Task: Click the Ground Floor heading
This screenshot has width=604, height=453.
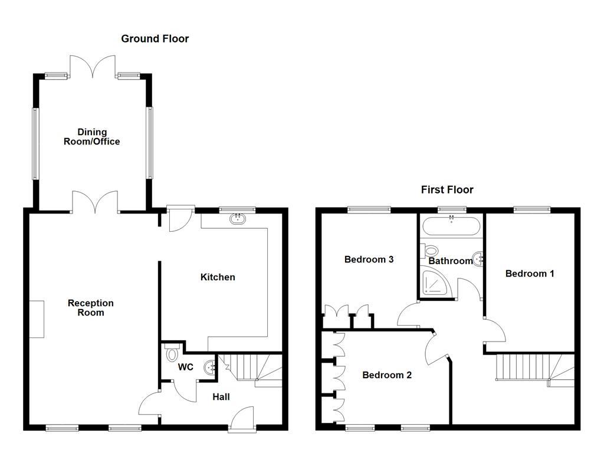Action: coord(155,39)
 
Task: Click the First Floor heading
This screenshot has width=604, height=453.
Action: coord(447,190)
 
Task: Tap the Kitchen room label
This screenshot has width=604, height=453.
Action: coord(218,277)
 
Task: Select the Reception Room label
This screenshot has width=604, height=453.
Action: coord(90,308)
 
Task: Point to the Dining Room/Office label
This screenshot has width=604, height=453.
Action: coord(91,137)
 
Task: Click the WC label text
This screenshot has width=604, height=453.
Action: coord(186,367)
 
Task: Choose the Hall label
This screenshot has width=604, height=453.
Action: coord(221,398)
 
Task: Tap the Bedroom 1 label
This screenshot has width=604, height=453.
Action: coord(530,274)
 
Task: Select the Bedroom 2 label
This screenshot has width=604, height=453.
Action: coord(387,375)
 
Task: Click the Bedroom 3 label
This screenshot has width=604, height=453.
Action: coord(369,260)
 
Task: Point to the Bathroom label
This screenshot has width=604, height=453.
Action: coord(450,261)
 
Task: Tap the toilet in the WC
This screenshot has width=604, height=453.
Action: coord(172,354)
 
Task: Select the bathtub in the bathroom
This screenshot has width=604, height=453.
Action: coord(451,226)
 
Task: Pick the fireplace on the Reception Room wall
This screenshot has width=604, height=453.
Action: coord(37,319)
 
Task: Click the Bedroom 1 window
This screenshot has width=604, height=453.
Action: coord(531,209)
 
